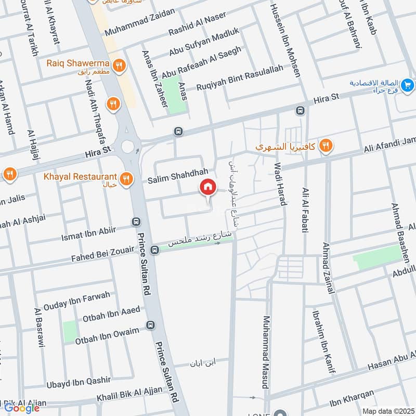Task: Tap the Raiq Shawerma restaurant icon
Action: tap(120, 66)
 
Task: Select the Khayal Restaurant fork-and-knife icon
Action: tap(125, 180)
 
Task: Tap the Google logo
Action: tap(22, 408)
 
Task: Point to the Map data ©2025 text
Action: tap(387, 411)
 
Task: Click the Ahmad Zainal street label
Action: tap(328, 268)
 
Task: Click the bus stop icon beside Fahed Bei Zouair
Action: tap(154, 250)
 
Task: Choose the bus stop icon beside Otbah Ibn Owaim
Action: tap(151, 326)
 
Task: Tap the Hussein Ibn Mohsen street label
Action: tap(285, 39)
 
